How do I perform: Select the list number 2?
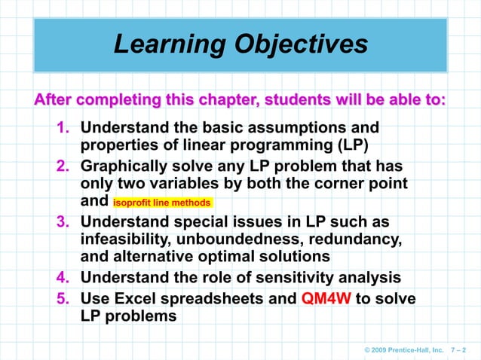click(x=66, y=165)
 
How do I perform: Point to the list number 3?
click(x=66, y=221)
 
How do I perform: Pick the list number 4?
click(x=66, y=278)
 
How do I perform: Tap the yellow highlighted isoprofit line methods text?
click(x=164, y=203)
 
